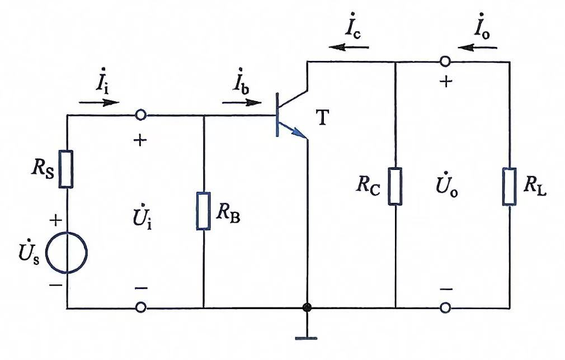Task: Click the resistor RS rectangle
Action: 66,169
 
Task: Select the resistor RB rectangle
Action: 203,211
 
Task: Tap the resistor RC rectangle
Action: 396,186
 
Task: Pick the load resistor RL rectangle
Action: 510,186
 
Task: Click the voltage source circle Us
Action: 67,252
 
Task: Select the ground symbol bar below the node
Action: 307,338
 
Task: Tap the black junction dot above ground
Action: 307,308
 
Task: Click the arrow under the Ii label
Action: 98,103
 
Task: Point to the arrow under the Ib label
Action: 242,103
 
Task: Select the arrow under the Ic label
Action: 349,47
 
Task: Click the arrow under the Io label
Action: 477,47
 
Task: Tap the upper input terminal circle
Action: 141,115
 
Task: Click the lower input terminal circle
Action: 141,308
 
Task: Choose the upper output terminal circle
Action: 445,61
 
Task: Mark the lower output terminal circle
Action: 445,308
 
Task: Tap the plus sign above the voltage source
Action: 55,220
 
